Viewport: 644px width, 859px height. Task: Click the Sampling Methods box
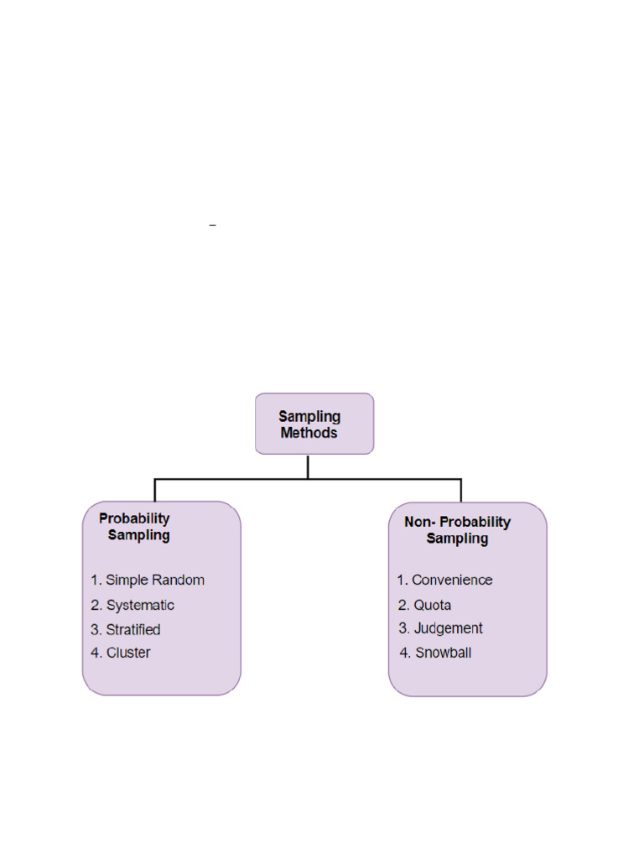click(x=314, y=424)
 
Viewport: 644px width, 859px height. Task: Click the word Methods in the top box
click(x=309, y=433)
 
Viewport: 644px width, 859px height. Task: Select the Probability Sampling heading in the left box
click(x=135, y=527)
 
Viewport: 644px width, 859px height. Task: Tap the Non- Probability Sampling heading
click(x=457, y=530)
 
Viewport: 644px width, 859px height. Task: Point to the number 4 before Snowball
click(x=406, y=653)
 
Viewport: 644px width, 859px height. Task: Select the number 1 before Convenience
click(x=402, y=580)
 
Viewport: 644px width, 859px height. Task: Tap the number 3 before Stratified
click(x=96, y=629)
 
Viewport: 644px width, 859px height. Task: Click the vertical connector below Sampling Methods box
click(x=308, y=466)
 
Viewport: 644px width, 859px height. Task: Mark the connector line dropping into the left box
click(x=154, y=490)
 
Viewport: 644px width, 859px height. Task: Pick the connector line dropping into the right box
click(x=461, y=490)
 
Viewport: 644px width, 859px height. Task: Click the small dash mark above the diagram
click(x=213, y=226)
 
